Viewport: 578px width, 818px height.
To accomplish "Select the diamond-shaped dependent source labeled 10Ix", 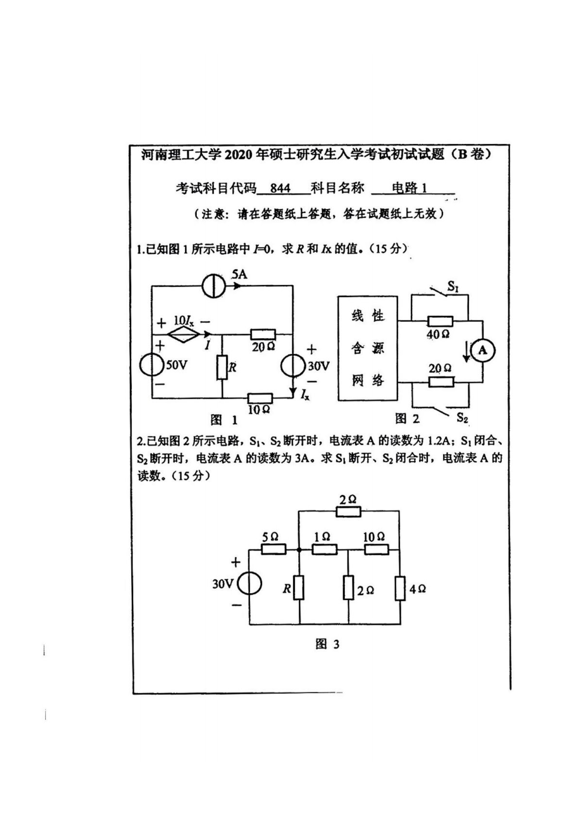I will point(183,334).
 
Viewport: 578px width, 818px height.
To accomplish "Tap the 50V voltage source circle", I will point(152,365).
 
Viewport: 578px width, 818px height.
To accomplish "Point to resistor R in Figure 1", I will point(222,367).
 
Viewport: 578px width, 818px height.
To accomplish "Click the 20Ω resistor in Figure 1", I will point(263,334).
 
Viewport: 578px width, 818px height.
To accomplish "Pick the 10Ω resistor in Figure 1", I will point(260,398).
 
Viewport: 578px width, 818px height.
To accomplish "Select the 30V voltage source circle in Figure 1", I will point(293,366).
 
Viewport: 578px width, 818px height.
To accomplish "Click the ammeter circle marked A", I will point(482,350).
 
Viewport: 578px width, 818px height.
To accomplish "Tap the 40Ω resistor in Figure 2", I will point(440,321).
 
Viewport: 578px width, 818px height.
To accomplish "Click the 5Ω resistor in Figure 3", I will point(273,549).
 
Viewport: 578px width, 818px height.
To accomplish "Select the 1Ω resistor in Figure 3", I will point(324,549).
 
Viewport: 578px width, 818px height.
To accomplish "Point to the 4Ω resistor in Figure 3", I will point(400,588).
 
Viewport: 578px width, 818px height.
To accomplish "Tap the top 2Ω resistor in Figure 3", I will point(348,511).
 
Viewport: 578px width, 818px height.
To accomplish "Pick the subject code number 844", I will point(280,188).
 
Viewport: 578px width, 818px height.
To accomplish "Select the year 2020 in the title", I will point(236,155).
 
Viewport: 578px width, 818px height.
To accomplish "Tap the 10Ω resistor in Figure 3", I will point(376,549).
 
